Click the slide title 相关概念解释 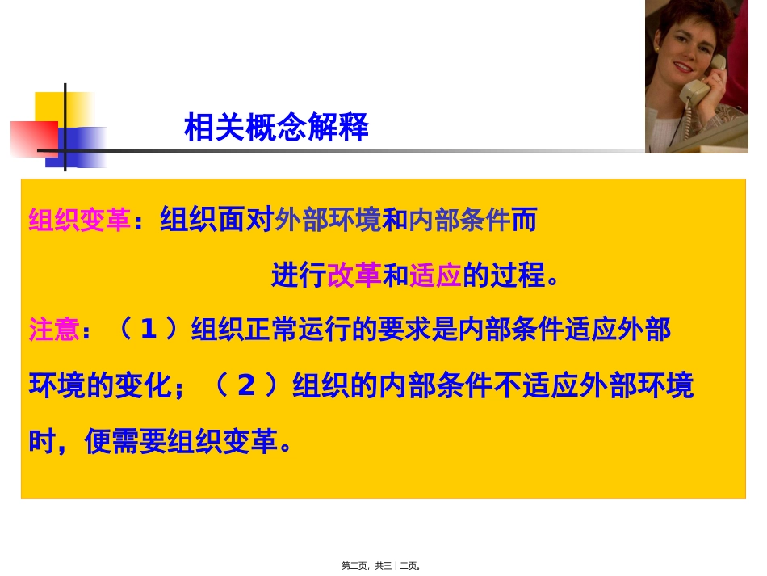276,128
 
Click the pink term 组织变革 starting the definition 79,221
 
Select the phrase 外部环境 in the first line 328,221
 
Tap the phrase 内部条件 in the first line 459,221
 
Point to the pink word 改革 354,276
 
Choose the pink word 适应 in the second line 437,276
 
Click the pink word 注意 54,330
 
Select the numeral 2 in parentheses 247,386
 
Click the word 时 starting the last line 42,441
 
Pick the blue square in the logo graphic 84,146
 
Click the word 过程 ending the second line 518,276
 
